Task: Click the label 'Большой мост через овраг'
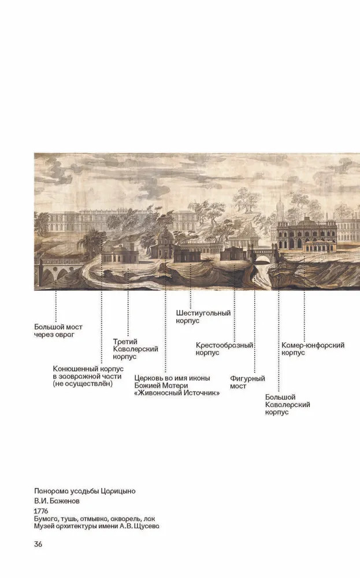58,331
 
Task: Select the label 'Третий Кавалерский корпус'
135,349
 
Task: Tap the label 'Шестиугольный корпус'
203,317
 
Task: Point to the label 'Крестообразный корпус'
224,349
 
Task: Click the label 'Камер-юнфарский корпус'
313,349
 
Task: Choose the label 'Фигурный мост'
247,382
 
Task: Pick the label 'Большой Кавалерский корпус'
287,405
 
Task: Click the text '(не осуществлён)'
83,384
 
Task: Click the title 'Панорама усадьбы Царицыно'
85,491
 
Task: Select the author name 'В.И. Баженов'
57,501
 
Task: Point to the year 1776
41,512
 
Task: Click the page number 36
38,544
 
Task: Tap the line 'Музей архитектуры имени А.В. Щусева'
97,526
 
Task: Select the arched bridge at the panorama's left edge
58,270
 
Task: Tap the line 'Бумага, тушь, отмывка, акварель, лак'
94,519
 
